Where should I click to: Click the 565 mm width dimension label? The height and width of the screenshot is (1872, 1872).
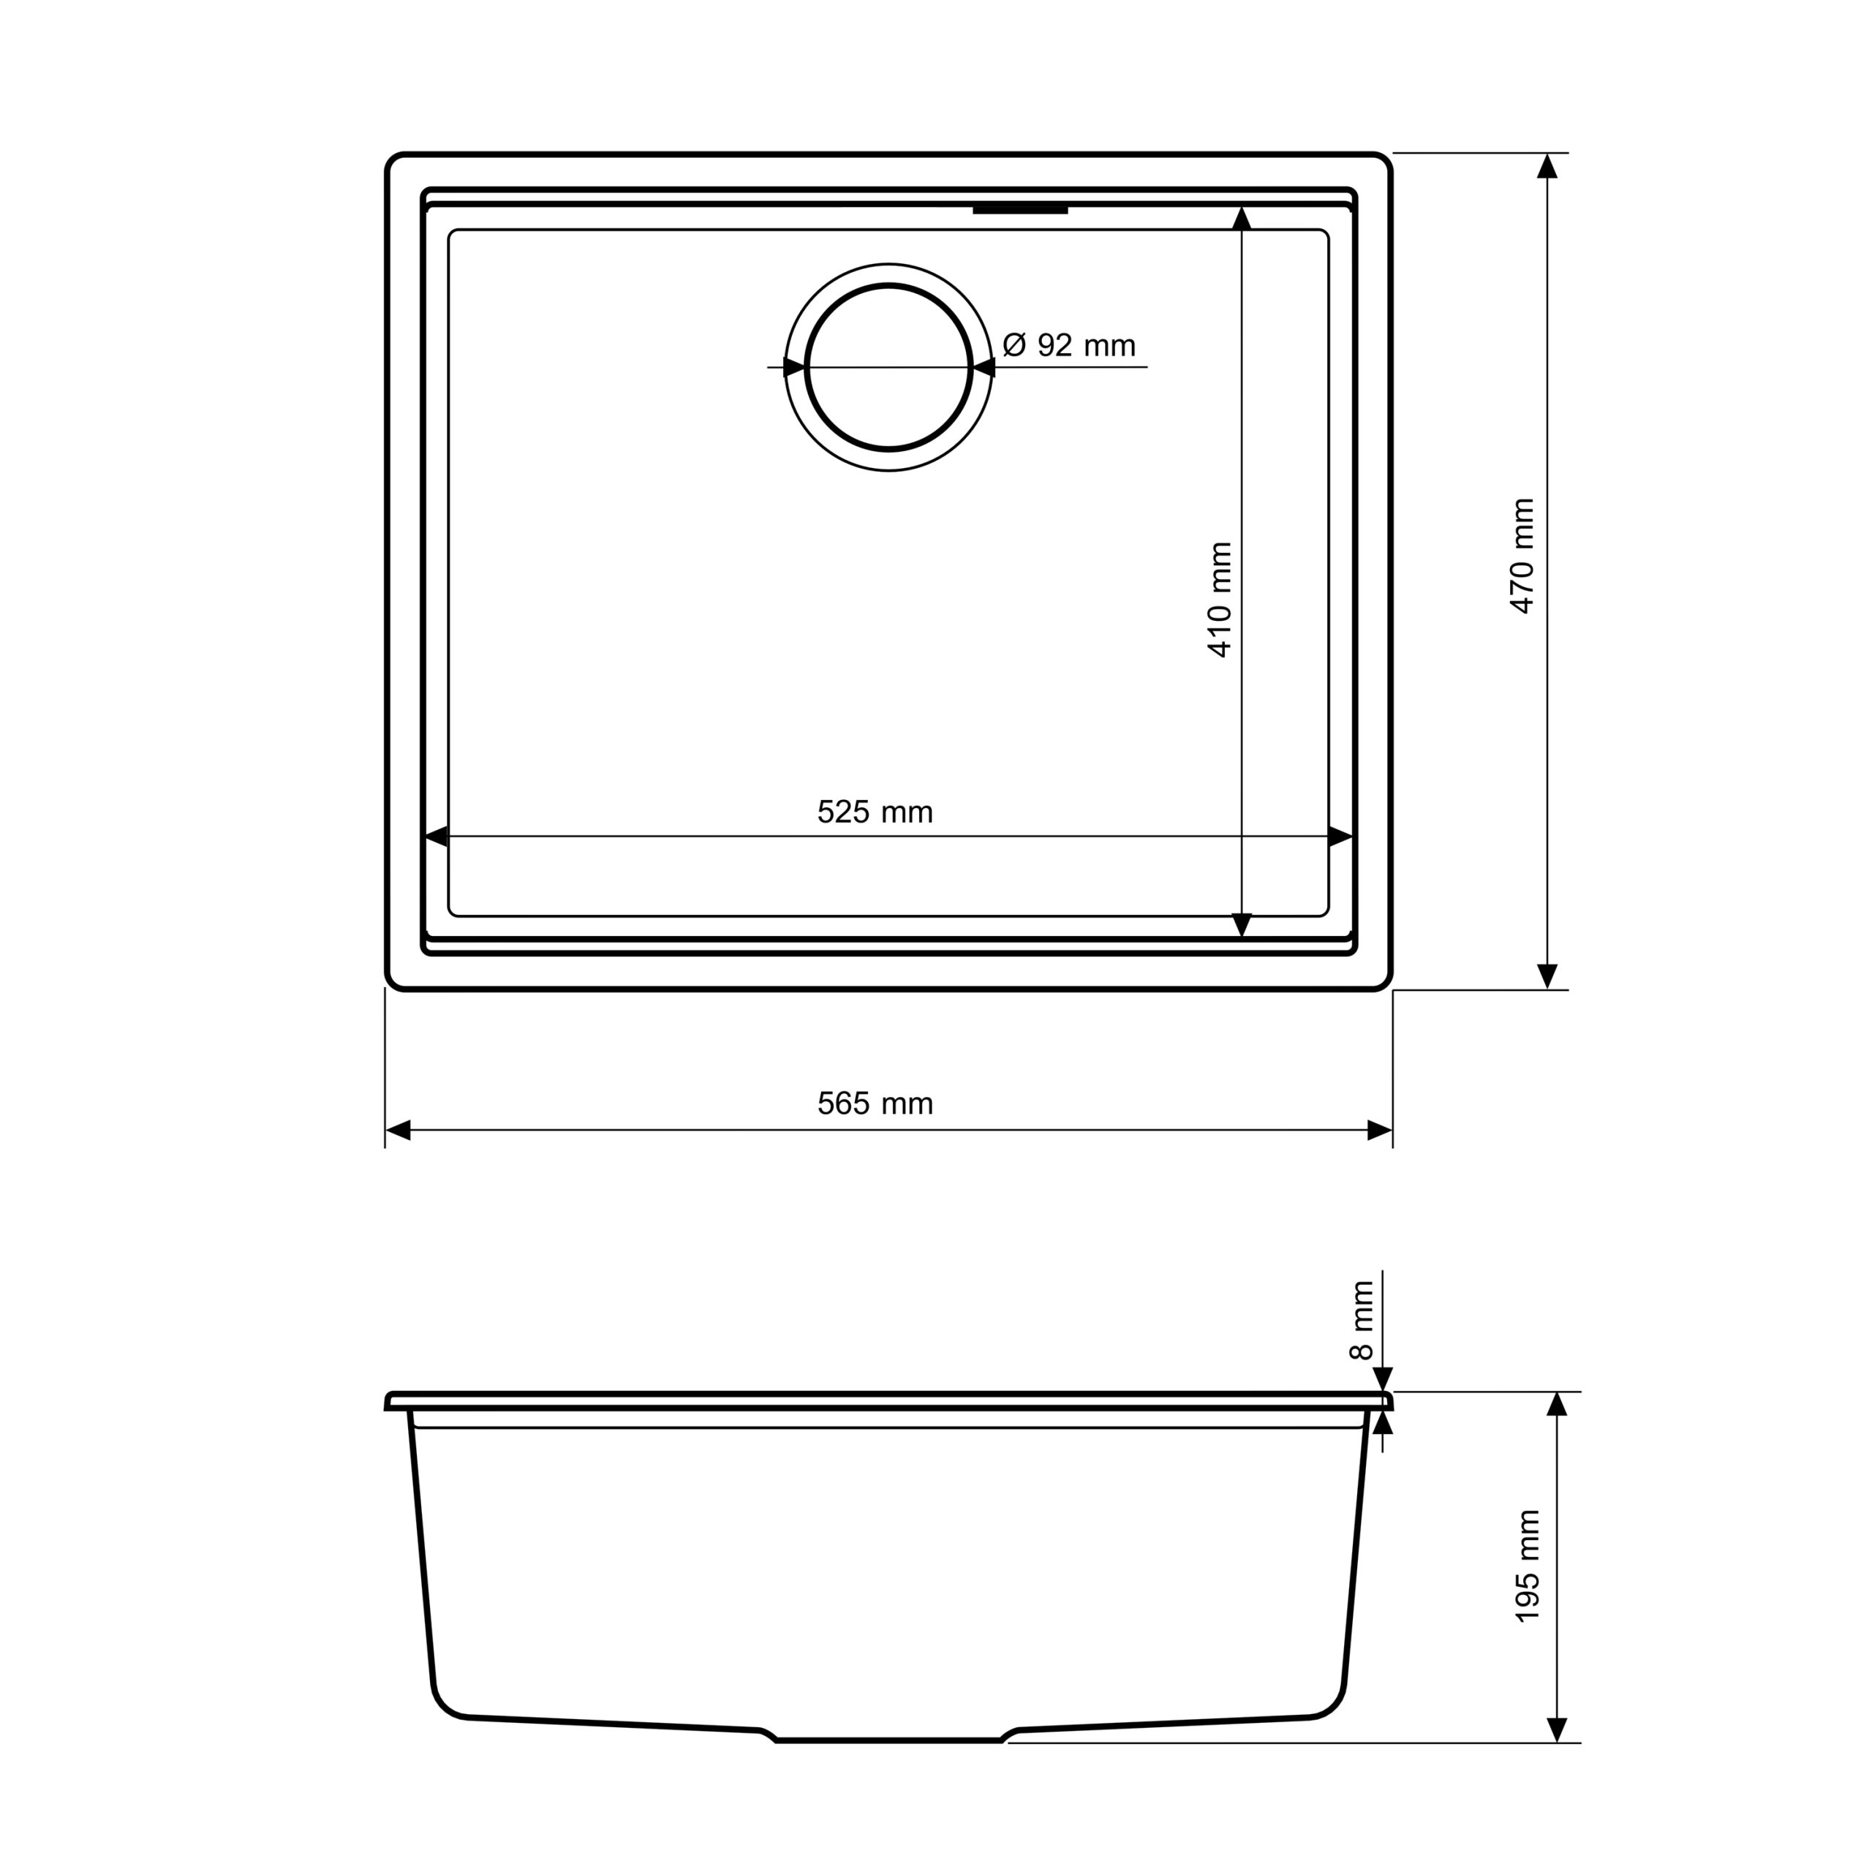pos(875,1103)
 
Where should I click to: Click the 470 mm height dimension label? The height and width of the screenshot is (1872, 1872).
pos(1522,556)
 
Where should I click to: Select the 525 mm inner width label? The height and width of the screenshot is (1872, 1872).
pos(875,812)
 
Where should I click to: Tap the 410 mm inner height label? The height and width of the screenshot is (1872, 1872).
pos(1220,600)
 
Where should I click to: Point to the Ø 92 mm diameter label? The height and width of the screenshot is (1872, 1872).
pos(1069,345)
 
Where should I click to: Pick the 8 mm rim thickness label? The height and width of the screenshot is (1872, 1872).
pos(1362,1320)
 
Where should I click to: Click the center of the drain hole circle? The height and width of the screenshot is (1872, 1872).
pos(888,367)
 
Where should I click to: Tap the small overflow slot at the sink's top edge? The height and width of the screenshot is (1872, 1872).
pos(1020,209)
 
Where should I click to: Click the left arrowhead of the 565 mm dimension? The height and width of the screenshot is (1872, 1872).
pos(399,1130)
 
